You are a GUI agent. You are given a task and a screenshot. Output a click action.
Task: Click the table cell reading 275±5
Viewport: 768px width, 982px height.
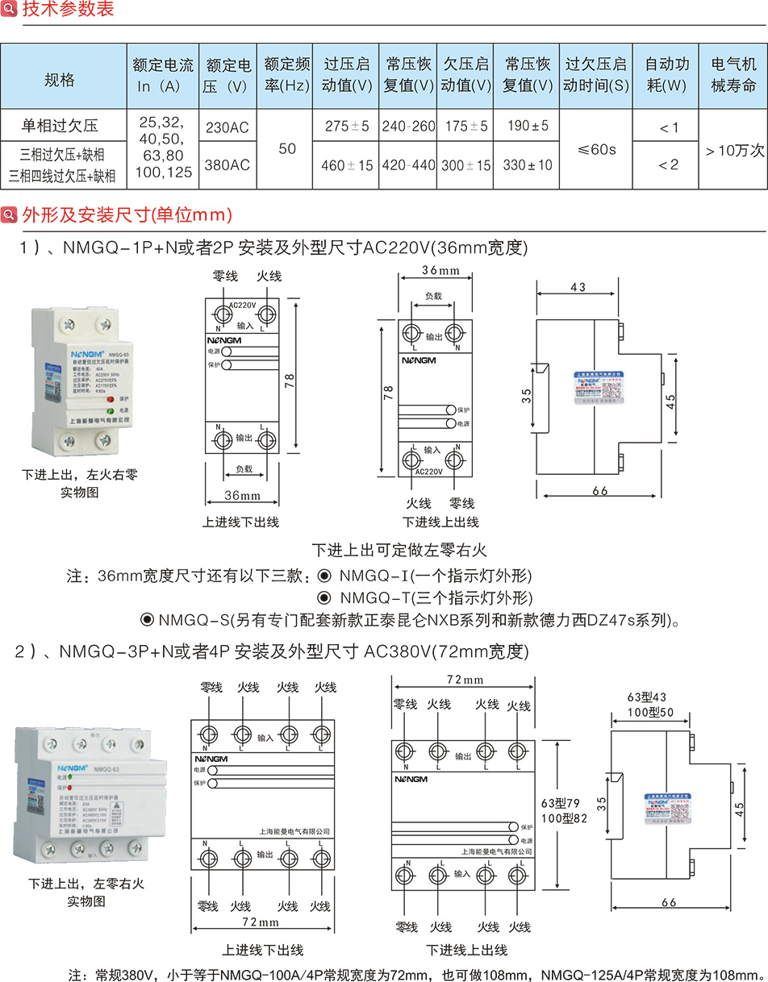[x=347, y=127]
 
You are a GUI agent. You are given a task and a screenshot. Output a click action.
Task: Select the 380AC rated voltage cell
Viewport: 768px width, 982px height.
[x=228, y=164]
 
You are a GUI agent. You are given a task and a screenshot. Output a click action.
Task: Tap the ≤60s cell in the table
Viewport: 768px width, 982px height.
[x=597, y=149]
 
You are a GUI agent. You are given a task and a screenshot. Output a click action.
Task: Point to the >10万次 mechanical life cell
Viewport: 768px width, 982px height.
[x=733, y=149]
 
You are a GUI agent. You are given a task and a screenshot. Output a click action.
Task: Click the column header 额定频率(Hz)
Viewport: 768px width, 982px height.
[x=287, y=74]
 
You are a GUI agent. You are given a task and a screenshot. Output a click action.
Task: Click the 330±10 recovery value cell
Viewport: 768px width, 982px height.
[x=528, y=164]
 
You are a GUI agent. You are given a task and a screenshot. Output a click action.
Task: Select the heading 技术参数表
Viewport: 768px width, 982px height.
[x=68, y=10]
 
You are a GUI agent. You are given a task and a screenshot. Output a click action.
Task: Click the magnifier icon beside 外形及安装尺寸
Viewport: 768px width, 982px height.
[x=10, y=215]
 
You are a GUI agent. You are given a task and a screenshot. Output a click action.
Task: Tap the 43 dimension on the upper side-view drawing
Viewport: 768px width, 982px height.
[x=578, y=287]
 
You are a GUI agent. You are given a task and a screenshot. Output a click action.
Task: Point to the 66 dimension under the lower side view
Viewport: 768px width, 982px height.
[x=668, y=902]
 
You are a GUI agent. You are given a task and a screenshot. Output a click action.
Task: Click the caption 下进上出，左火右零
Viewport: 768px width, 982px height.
[x=80, y=474]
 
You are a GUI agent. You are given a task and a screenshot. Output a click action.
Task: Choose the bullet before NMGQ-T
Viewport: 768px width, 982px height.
[x=324, y=598]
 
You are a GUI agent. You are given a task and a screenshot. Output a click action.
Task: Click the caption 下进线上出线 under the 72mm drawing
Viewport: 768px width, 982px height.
[x=467, y=950]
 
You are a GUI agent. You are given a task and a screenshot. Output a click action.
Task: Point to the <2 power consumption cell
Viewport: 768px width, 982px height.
[x=668, y=164]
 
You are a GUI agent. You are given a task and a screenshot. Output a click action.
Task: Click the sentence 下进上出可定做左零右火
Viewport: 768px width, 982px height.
[x=400, y=551]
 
